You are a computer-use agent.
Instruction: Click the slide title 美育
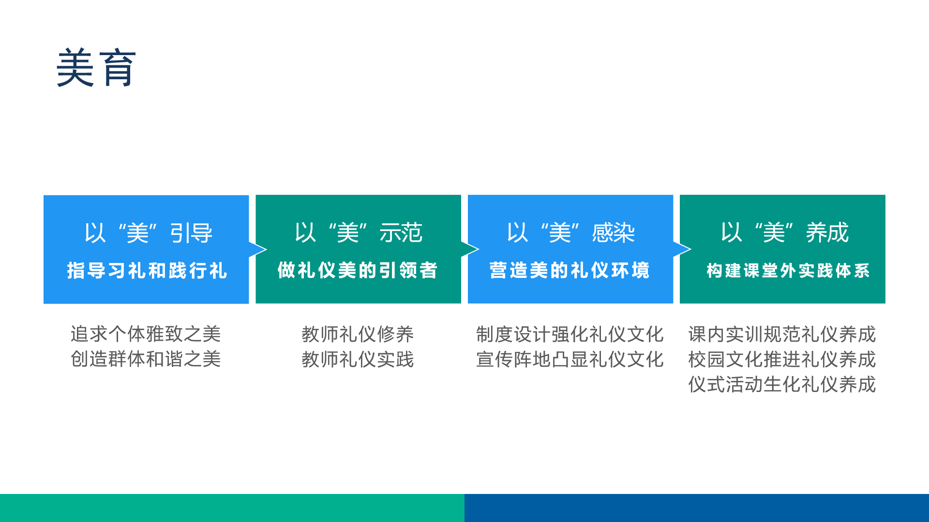96,68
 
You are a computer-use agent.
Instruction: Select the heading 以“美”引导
148,233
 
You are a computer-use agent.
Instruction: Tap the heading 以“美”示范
359,232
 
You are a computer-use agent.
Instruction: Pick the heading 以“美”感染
571,232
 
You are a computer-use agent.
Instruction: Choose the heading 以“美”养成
784,232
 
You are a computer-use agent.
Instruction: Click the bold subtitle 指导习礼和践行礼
147,271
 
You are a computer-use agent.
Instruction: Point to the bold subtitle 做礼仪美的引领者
358,270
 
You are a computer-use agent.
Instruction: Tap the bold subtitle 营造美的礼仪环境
569,270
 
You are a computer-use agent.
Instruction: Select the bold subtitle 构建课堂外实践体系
788,271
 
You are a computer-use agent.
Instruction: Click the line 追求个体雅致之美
146,334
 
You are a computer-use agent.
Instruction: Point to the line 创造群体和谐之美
146,359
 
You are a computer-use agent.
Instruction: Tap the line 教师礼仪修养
358,334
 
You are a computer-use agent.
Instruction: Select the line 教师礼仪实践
358,359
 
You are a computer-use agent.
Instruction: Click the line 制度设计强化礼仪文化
570,334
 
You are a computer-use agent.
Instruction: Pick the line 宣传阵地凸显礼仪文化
570,359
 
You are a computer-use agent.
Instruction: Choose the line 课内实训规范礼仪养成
782,334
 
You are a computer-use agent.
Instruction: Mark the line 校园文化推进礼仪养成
782,359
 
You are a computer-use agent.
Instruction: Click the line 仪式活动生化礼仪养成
782,384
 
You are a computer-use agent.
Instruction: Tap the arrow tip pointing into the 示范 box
267,249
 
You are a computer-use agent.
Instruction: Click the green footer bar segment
232,508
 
